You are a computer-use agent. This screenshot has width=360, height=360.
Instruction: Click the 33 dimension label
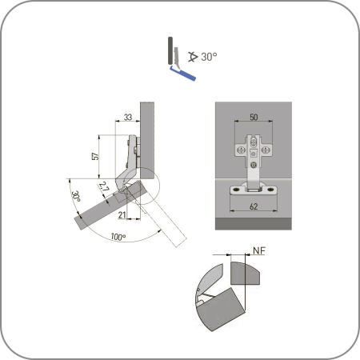coord(128,117)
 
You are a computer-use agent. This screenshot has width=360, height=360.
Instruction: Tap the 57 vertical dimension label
coord(95,156)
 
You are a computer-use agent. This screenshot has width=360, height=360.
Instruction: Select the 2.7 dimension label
coord(104,187)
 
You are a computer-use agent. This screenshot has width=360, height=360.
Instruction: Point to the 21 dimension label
coord(122,215)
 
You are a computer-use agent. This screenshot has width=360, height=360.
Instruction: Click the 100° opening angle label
coord(118,237)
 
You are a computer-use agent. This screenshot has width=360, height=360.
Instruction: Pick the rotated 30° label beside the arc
coord(76,196)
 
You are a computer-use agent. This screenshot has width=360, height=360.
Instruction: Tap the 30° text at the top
coord(209,57)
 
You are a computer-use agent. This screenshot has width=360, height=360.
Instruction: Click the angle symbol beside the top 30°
coord(193,57)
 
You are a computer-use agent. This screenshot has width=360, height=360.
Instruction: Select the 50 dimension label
coord(254,117)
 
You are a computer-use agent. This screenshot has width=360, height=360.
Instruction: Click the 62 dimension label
coord(254,206)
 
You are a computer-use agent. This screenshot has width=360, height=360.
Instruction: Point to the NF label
coord(259,250)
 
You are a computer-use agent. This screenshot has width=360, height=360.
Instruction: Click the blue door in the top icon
coord(183,74)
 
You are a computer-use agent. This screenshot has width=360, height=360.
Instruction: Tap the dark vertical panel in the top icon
coord(170,50)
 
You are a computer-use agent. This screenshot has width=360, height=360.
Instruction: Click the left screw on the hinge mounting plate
coord(241,150)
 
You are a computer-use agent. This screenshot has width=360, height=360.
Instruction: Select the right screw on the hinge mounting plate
coord(266,150)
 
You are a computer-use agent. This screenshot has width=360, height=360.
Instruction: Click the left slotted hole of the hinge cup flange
coord(236,190)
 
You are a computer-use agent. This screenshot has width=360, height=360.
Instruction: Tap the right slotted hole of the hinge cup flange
coord(271,190)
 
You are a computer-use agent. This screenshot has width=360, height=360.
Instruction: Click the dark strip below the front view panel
coord(254,223)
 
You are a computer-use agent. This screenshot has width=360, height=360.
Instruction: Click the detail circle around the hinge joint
coord(159,186)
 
